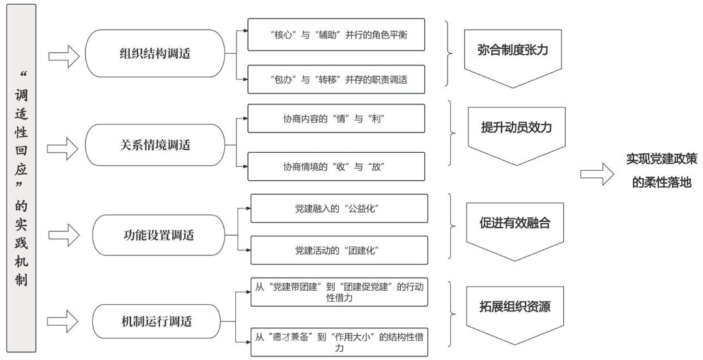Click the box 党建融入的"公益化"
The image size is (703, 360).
[339, 208]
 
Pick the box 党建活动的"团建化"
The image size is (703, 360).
[339, 250]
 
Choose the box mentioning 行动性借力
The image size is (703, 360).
[339, 292]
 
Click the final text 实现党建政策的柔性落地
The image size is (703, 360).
[657, 171]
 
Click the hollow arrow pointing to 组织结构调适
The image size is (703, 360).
[64, 56]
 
